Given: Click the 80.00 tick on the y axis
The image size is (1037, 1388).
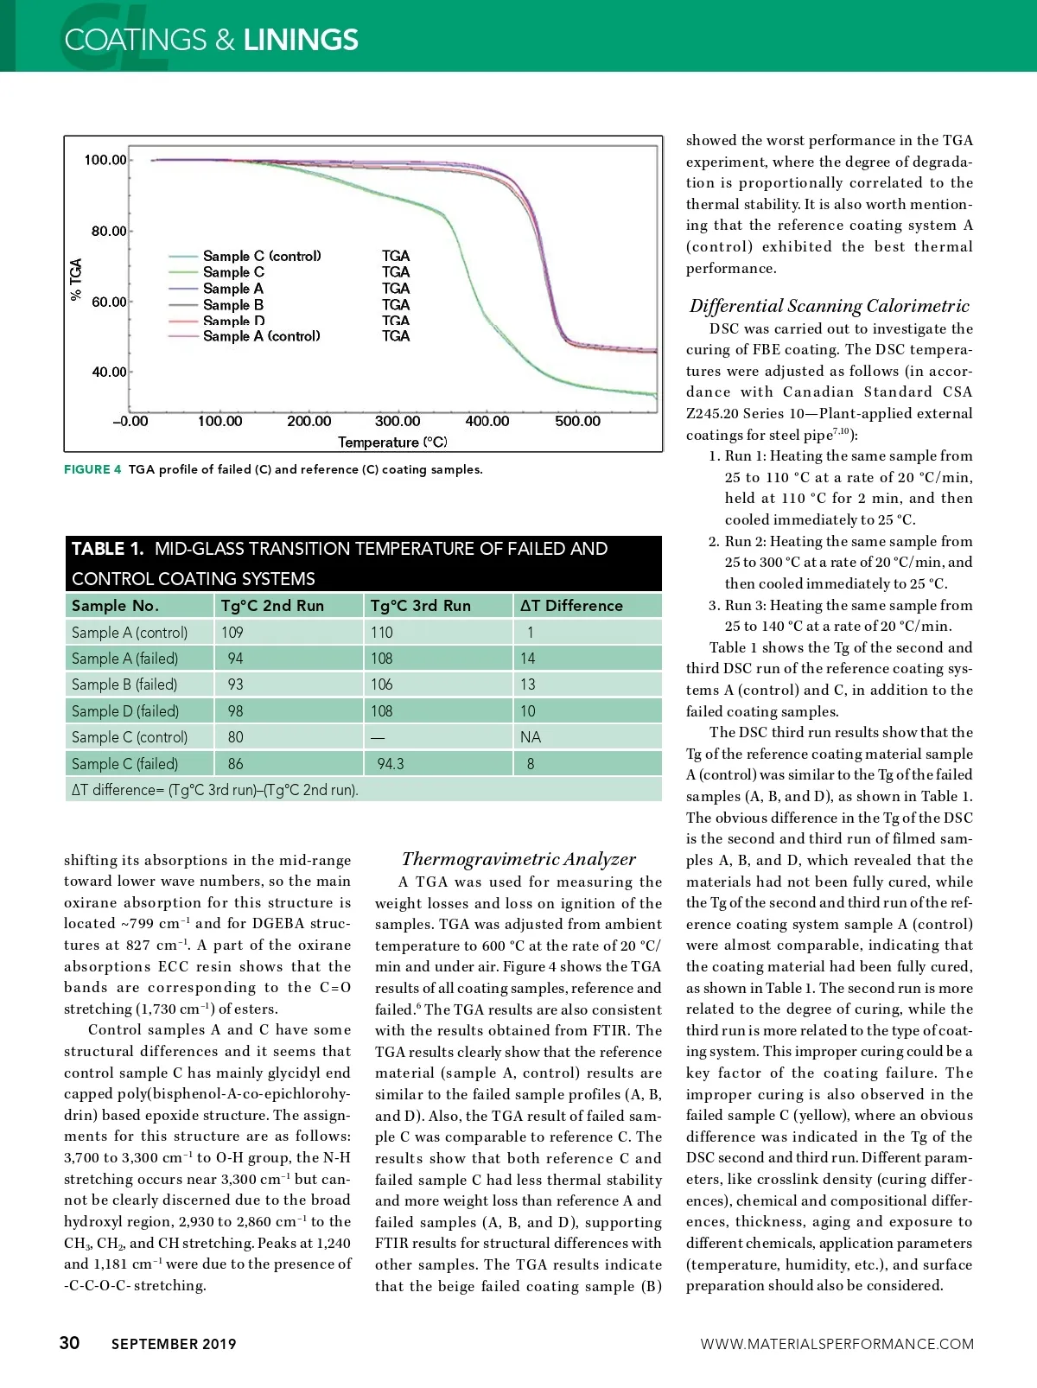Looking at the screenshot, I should click(x=109, y=231).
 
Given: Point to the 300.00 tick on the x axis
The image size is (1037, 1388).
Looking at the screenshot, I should click(x=398, y=421).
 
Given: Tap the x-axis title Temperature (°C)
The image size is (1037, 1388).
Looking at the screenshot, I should click(x=392, y=443).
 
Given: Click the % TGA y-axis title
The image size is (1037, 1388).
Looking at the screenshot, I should click(x=76, y=279).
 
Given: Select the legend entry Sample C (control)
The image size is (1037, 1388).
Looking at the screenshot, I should click(x=262, y=256).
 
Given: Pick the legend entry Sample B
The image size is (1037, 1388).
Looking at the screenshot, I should click(x=233, y=305).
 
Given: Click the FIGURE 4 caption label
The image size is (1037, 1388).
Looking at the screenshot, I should click(x=92, y=469).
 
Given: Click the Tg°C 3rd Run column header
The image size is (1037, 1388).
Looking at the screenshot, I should click(x=421, y=606).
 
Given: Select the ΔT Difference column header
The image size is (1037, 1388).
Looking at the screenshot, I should click(x=571, y=606).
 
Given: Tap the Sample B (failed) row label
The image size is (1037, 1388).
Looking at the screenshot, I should click(x=124, y=684).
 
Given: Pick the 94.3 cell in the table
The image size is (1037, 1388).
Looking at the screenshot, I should click(x=391, y=764).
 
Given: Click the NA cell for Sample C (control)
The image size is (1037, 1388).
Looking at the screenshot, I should click(x=531, y=737).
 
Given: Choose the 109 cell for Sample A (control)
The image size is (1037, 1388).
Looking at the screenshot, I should click(x=232, y=633).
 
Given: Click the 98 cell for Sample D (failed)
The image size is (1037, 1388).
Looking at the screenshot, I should click(x=235, y=711).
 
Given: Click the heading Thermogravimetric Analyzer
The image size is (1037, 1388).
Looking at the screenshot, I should click(x=518, y=859).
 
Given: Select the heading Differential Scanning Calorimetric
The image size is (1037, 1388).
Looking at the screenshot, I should click(x=830, y=306).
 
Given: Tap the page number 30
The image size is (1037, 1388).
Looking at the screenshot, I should click(x=69, y=1342).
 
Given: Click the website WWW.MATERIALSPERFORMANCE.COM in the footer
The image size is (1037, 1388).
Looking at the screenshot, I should click(x=837, y=1344).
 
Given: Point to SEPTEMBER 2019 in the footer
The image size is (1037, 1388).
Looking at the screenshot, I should click(x=174, y=1344).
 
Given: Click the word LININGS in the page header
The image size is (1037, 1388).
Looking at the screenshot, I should click(x=301, y=40).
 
